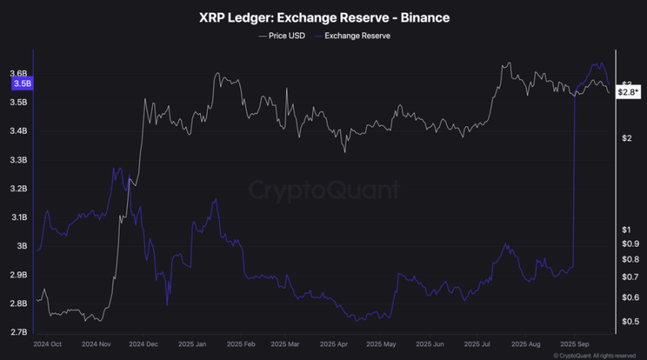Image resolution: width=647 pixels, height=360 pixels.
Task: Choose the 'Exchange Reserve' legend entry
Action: [x=357, y=36]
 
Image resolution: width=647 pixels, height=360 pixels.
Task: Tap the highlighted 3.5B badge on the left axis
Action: [x=21, y=84]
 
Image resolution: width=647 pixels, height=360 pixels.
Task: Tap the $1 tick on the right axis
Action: [x=624, y=230]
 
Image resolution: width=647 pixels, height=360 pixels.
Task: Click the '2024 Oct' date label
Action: [x=47, y=344]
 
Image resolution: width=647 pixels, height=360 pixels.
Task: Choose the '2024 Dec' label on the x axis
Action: [x=143, y=344]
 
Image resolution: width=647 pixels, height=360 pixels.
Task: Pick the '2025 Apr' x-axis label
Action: [x=333, y=344]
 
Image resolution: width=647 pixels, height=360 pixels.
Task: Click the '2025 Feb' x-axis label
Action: [x=238, y=344]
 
